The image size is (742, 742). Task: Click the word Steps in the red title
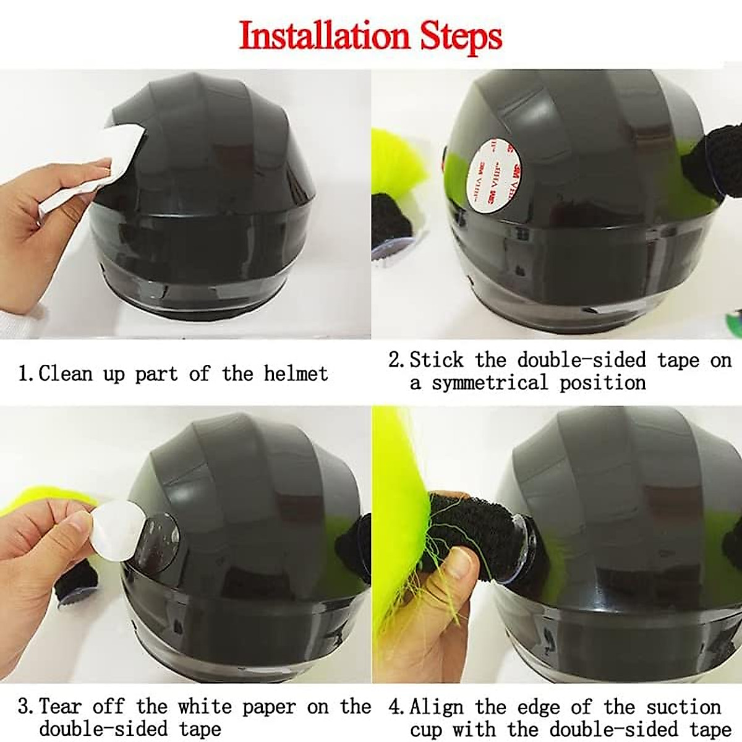[x=461, y=36]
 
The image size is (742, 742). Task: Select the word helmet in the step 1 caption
[x=296, y=373]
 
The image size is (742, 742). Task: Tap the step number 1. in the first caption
[x=26, y=374]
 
